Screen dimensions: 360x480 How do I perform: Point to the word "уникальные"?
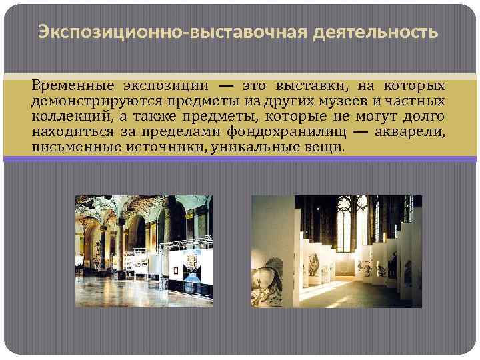point(247,145)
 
